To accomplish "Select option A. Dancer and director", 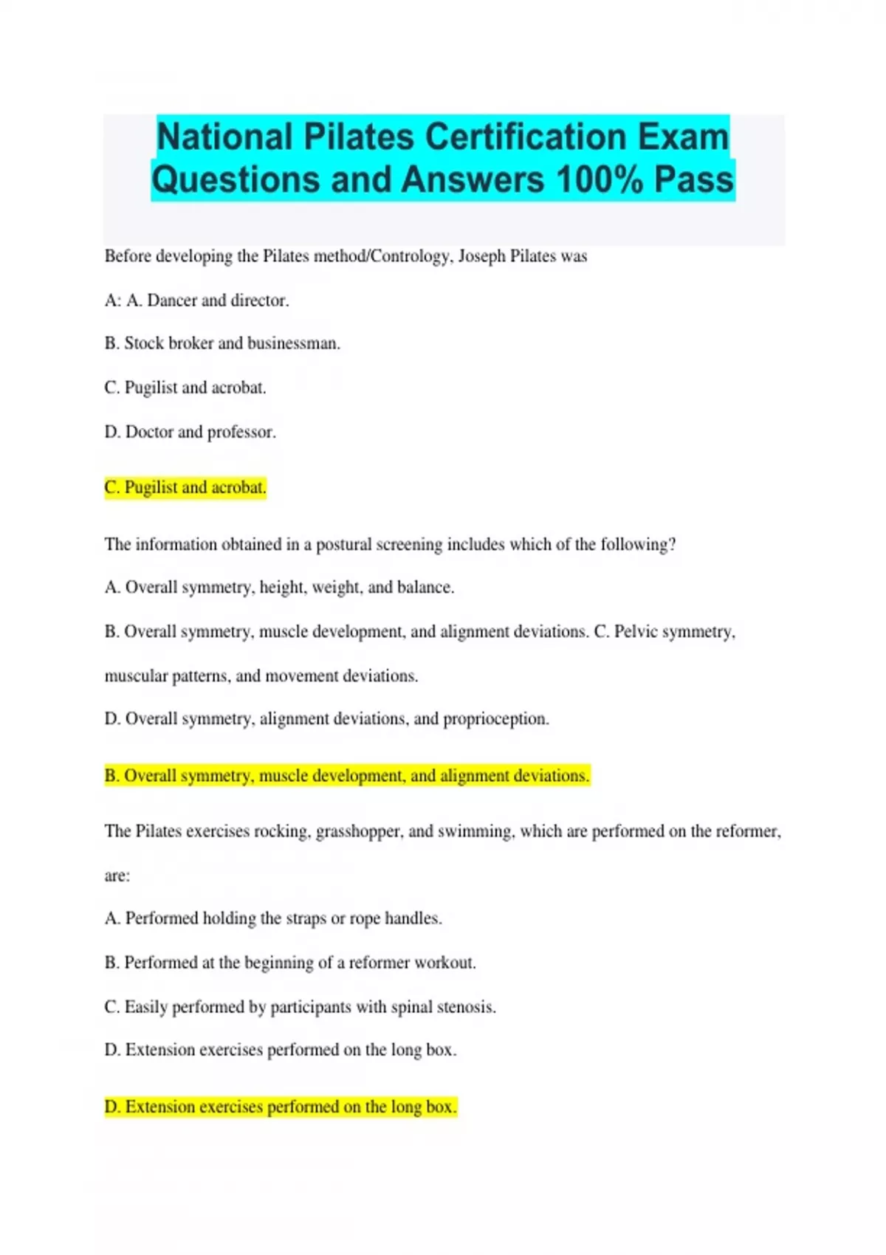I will [x=197, y=300].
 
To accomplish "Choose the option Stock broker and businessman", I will [x=222, y=343].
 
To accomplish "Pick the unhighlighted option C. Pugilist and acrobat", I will [x=185, y=388].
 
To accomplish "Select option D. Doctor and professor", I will [x=190, y=432].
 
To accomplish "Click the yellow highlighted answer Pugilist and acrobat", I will [x=185, y=487].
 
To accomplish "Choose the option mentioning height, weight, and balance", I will [x=279, y=588].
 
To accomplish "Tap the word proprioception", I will [x=495, y=719].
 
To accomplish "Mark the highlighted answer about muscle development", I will [x=347, y=776].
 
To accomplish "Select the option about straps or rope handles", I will [x=273, y=918].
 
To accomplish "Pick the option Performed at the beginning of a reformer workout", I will [x=290, y=963].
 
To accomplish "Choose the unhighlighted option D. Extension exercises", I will [x=281, y=1050].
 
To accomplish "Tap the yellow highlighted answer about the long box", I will [x=281, y=1107].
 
